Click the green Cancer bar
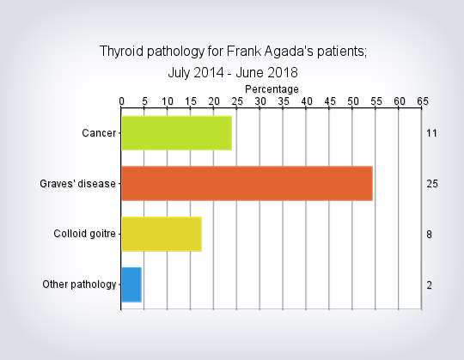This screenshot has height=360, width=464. pyautogui.click(x=176, y=133)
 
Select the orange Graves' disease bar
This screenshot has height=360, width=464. pyautogui.click(x=247, y=183)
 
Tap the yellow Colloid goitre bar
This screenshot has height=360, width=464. pyautogui.click(x=162, y=234)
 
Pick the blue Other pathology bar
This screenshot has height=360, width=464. pyautogui.click(x=131, y=284)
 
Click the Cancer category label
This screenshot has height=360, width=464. pyautogui.click(x=99, y=133)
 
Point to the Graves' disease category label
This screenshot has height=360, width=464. pyautogui.click(x=77, y=184)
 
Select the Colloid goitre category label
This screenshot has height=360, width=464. pyautogui.click(x=84, y=234)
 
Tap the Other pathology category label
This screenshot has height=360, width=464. pyautogui.click(x=79, y=284)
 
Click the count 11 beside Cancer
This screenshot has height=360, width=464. pyautogui.click(x=431, y=133)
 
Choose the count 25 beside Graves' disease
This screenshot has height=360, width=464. pyautogui.click(x=432, y=184)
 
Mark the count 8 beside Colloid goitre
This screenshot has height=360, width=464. pyautogui.click(x=429, y=235)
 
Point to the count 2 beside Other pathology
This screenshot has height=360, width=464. pyautogui.click(x=429, y=285)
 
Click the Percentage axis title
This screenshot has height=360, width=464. pyautogui.click(x=272, y=89)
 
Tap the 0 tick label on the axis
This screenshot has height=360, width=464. pyautogui.click(x=121, y=101)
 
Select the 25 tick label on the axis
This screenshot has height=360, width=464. pyautogui.click(x=237, y=101)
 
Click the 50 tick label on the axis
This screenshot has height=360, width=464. pyautogui.click(x=353, y=101)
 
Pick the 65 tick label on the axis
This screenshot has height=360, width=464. pyautogui.click(x=423, y=101)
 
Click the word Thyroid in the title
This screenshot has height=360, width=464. pyautogui.click(x=121, y=52)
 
